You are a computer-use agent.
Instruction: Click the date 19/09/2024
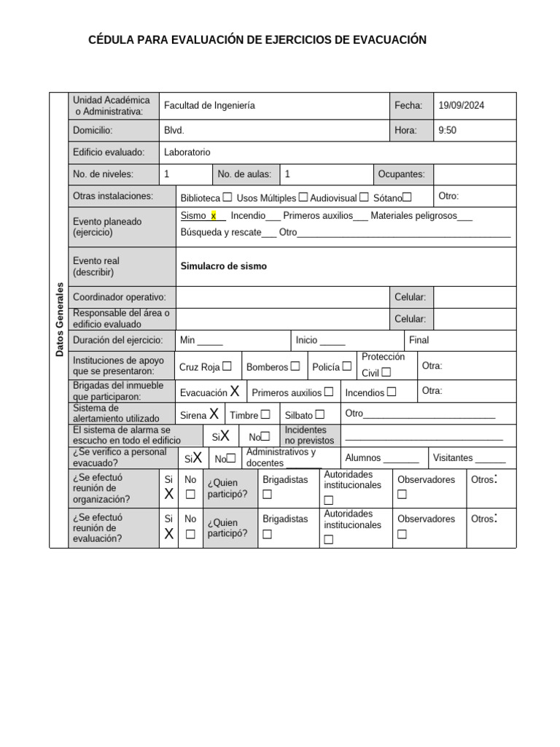(x=461, y=106)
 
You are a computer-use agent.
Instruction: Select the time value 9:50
(x=447, y=131)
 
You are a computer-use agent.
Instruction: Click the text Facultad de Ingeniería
(x=209, y=106)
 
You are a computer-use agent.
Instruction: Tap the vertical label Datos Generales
(x=59, y=320)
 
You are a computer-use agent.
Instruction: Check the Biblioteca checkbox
(x=227, y=197)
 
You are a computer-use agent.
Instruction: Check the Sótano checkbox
(x=407, y=197)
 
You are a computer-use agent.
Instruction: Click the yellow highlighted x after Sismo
(x=214, y=216)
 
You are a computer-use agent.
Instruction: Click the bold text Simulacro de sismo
(x=223, y=266)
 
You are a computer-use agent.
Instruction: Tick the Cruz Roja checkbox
(x=227, y=366)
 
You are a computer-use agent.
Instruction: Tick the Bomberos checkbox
(x=295, y=366)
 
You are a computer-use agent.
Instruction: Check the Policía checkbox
(x=347, y=366)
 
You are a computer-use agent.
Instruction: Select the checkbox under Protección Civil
(x=386, y=372)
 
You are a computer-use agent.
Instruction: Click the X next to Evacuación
(x=235, y=392)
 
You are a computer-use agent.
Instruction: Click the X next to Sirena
(x=214, y=414)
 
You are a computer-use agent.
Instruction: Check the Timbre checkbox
(x=265, y=414)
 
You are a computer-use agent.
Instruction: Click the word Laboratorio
(x=187, y=152)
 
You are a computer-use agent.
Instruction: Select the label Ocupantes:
(x=401, y=174)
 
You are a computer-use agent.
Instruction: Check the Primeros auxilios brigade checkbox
(x=329, y=392)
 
